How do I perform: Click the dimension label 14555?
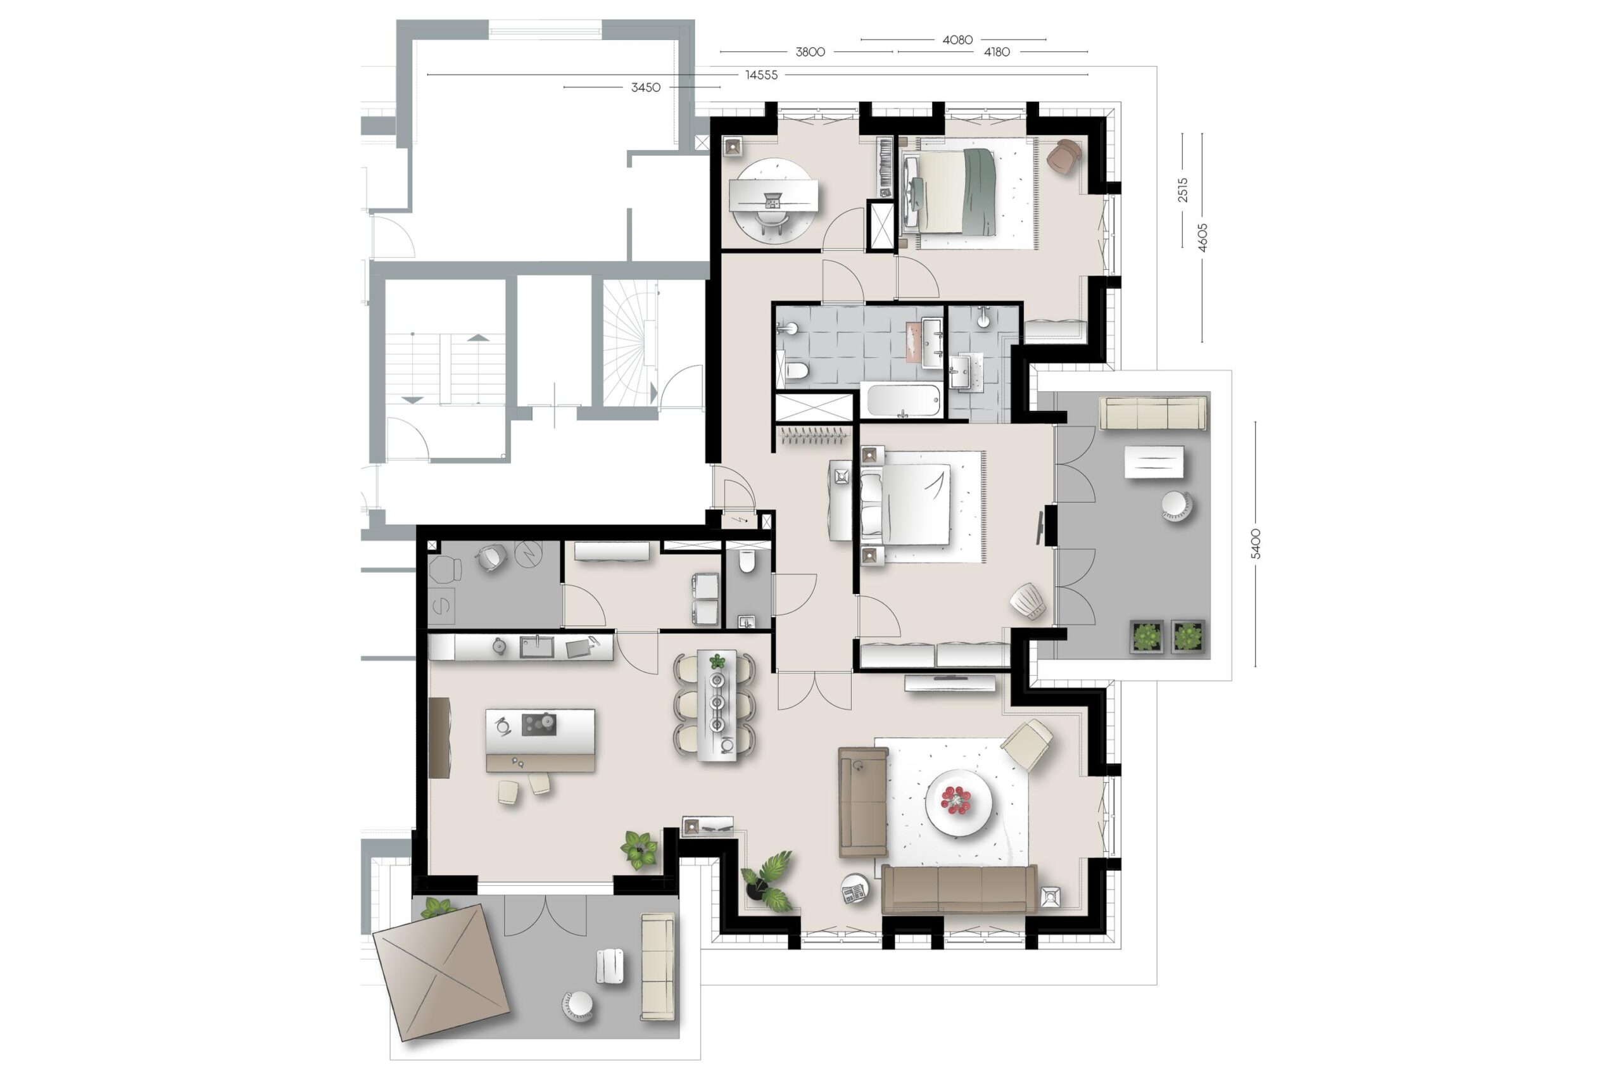(761, 75)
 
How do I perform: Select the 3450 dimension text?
(645, 87)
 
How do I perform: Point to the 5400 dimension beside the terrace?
(1255, 543)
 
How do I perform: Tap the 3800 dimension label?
(810, 52)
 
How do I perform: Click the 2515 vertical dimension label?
(1183, 189)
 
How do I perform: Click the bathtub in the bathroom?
(903, 401)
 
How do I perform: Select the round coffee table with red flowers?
(958, 802)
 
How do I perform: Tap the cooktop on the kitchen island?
(539, 724)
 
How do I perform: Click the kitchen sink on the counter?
(537, 647)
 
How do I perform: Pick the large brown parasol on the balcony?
(441, 971)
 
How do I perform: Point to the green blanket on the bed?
(980, 191)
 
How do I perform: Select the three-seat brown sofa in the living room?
(959, 889)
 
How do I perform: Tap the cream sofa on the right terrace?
(1152, 413)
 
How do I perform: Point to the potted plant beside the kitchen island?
(640, 849)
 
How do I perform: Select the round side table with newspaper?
(855, 889)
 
